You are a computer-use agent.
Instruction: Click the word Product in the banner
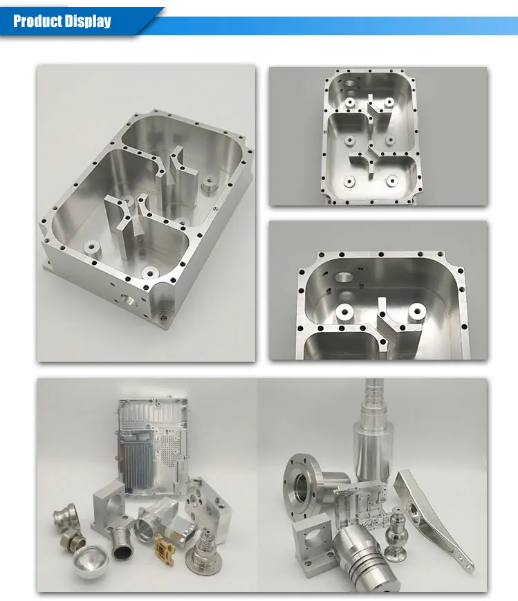[x=37, y=21]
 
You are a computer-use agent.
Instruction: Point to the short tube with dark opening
[x=124, y=542]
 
